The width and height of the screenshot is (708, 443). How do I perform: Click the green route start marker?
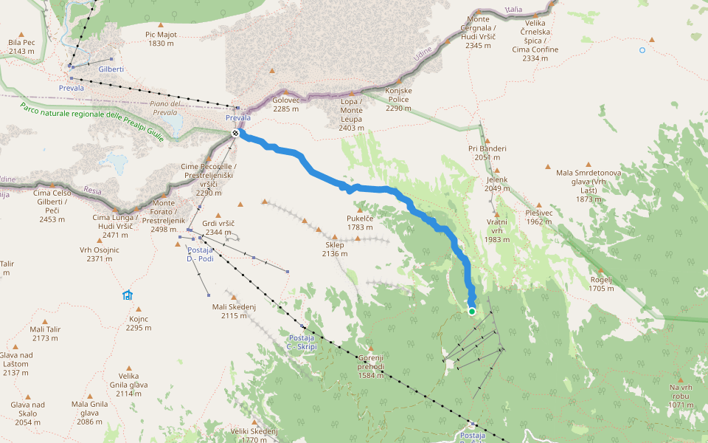click(472, 312)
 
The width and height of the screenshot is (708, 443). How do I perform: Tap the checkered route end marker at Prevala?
click(235, 133)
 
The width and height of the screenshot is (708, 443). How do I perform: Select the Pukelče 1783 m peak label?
click(360, 223)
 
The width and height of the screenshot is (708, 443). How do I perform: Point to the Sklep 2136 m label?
click(334, 250)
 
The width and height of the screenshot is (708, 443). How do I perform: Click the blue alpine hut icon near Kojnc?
click(127, 295)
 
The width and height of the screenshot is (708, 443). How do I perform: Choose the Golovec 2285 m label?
click(285, 104)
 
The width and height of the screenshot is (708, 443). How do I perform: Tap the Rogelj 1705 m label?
click(602, 284)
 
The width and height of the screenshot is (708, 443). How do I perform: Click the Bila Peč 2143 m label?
click(21, 47)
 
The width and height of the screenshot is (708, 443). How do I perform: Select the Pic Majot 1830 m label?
click(161, 39)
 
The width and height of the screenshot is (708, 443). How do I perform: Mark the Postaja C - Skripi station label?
click(302, 343)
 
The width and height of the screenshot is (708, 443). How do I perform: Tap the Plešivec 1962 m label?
click(539, 217)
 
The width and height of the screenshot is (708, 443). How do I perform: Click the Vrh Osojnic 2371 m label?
click(99, 254)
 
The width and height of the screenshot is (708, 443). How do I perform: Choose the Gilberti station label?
click(111, 69)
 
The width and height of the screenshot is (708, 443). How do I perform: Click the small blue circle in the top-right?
click(642, 50)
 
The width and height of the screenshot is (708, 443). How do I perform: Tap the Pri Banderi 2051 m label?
click(487, 153)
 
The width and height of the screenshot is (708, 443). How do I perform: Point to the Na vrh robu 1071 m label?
click(680, 396)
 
